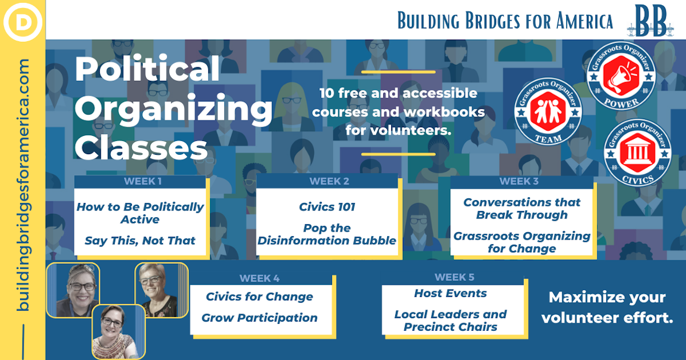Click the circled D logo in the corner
point(23,22)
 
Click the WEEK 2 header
point(329,182)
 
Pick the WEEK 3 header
point(519,182)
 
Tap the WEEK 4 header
point(260,279)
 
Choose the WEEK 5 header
point(455,277)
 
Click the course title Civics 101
point(327,207)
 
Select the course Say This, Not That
point(140,241)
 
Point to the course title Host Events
point(450,294)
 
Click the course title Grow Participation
point(259,318)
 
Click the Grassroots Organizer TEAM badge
point(548,112)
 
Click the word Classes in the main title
point(141,148)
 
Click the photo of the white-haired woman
point(161,289)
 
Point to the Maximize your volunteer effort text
point(607,308)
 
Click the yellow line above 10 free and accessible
point(398,72)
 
